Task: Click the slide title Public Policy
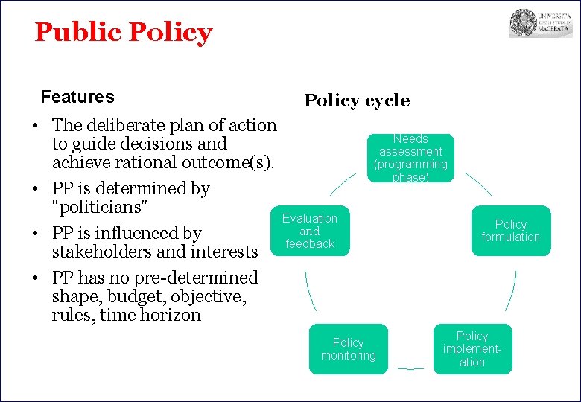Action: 123,33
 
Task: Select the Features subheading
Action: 77,97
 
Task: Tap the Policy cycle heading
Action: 357,100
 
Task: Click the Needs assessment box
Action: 410,158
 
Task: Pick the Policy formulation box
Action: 510,231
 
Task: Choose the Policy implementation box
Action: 472,349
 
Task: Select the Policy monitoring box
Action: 348,349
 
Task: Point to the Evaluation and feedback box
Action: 310,231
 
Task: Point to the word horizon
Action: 172,315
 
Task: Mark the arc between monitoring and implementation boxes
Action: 410,368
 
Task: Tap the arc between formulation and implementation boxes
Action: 510,291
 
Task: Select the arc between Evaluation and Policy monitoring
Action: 310,291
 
